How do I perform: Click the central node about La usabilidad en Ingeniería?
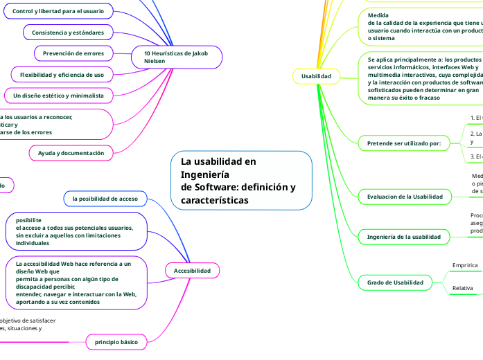coord(241,181)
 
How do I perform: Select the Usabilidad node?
coord(316,75)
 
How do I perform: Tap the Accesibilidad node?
coord(192,270)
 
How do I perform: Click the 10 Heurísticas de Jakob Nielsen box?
coord(177,57)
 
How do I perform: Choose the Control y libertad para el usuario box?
coord(58,12)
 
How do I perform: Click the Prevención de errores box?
coord(73,53)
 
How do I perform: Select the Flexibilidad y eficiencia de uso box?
coord(62,74)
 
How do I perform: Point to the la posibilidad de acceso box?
coord(105,199)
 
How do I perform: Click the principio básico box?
coord(116,342)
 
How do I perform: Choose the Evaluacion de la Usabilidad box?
coord(405,197)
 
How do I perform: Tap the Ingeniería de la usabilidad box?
coord(403,237)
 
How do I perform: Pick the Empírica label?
coord(464,266)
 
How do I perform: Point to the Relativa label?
coord(462,288)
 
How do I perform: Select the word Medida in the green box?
coord(378,15)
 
